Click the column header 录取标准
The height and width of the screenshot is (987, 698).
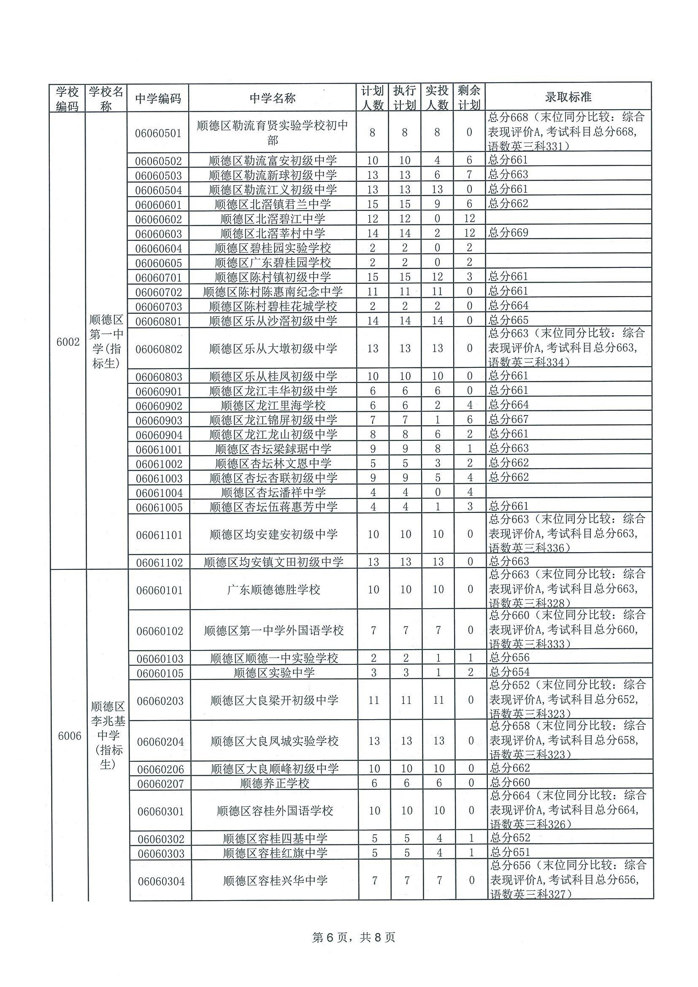[x=568, y=97]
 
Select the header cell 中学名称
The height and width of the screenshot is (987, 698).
[x=272, y=98]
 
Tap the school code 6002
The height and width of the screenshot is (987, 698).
[x=68, y=342]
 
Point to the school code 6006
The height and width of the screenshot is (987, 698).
[x=70, y=736]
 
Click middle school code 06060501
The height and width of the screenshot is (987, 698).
[x=158, y=133]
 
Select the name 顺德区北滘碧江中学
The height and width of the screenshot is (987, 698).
[x=273, y=219]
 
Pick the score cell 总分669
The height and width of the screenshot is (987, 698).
[x=509, y=232]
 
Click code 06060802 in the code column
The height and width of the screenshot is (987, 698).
[x=159, y=349]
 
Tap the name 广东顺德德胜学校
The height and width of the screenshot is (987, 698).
[x=273, y=589]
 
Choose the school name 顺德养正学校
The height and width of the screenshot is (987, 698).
[x=274, y=783]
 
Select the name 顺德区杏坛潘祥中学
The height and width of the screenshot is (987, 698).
[x=273, y=492]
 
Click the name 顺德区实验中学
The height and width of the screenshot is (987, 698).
[x=274, y=673]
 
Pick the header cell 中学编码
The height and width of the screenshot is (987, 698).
[x=158, y=99]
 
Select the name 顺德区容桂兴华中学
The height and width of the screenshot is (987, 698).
[x=275, y=880]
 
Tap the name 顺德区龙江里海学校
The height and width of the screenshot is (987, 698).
[x=273, y=405]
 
